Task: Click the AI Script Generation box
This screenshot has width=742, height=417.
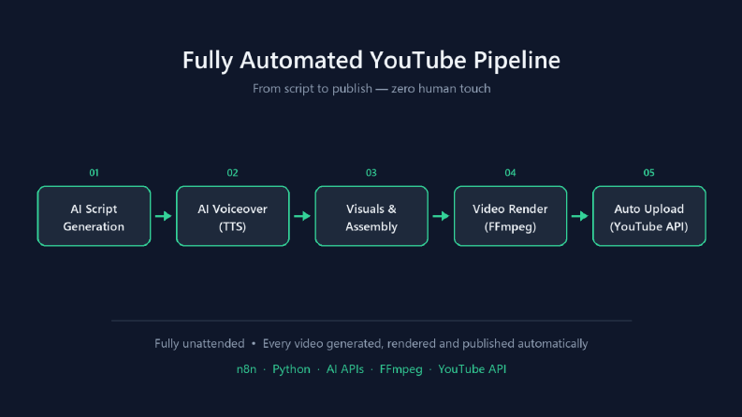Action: [x=94, y=216]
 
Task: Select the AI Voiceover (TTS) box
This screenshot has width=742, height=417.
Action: [x=232, y=216]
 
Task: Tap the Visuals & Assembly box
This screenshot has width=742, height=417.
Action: [x=371, y=216]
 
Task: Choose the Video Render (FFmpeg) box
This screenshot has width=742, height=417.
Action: [x=510, y=216]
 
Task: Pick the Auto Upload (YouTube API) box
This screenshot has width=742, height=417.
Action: [x=648, y=216]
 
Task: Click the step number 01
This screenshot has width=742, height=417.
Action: [x=94, y=173]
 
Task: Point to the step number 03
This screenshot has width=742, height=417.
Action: [x=371, y=173]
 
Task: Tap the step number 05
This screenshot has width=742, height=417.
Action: [x=648, y=173]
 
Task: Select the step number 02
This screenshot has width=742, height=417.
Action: [x=232, y=173]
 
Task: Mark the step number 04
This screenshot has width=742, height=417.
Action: [x=510, y=173]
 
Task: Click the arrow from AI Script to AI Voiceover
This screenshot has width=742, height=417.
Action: [x=163, y=216]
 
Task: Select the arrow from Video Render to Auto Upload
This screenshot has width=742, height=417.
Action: [x=580, y=216]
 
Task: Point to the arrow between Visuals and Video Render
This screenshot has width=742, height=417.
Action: [x=441, y=216]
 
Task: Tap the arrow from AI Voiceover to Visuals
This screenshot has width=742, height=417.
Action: [x=302, y=216]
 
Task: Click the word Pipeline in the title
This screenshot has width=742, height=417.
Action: [x=516, y=61]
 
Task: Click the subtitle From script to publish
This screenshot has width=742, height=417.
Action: [x=313, y=89]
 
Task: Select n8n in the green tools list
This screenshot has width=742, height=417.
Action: [x=246, y=368]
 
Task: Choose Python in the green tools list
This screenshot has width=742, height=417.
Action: [x=292, y=369]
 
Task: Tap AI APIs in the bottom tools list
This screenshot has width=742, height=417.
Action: [x=345, y=368]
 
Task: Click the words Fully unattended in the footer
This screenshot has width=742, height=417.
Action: [x=199, y=343]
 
